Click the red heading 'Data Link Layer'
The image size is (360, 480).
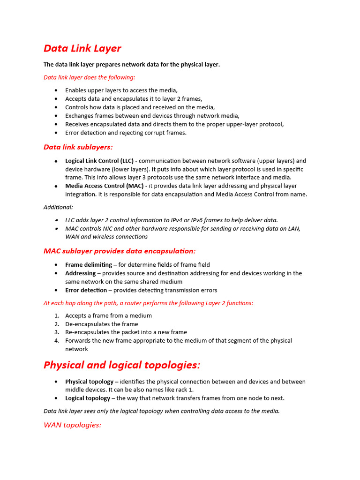(x=82, y=48)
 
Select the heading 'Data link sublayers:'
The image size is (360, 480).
(x=78, y=147)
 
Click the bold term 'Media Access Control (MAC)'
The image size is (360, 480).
(x=104, y=186)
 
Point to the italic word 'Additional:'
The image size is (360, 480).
(x=58, y=207)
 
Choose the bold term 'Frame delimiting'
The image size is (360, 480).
(x=88, y=265)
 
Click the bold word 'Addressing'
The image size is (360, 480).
(x=80, y=273)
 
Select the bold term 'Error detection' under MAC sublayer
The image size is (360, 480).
(x=86, y=290)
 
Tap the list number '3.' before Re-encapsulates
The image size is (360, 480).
(x=57, y=332)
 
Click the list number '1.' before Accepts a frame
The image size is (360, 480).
(x=57, y=316)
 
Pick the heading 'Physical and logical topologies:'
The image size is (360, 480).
(x=122, y=365)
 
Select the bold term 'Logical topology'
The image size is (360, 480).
(x=87, y=398)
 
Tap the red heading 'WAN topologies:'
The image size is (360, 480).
(x=72, y=425)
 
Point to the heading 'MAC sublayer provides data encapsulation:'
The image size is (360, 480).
(x=120, y=251)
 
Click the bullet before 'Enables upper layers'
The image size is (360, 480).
(x=57, y=90)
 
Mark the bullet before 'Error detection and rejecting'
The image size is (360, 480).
(x=57, y=133)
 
